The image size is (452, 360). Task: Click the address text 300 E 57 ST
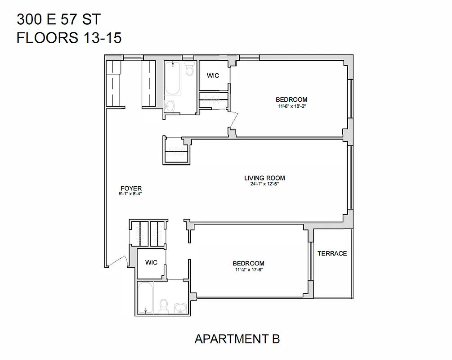pos(58,19)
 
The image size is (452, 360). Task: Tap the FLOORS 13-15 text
pos(69,38)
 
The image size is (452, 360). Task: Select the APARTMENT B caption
pos(237,339)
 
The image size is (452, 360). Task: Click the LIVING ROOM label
pos(264,178)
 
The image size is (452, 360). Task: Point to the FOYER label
pos(131,189)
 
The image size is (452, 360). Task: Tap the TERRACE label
pos(332,253)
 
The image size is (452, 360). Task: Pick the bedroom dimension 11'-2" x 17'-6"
pos(248,270)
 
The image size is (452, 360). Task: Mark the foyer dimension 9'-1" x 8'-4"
pos(131,194)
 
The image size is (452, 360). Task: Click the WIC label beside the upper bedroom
pos(213,76)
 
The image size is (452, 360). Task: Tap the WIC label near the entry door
pos(152,262)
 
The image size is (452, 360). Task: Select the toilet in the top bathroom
pos(189,70)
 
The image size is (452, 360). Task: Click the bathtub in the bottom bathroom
pos(145,297)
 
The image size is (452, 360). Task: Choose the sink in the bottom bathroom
pos(180,307)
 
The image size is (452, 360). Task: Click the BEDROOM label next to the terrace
pos(248,263)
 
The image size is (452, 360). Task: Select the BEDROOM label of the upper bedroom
pos(291,99)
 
